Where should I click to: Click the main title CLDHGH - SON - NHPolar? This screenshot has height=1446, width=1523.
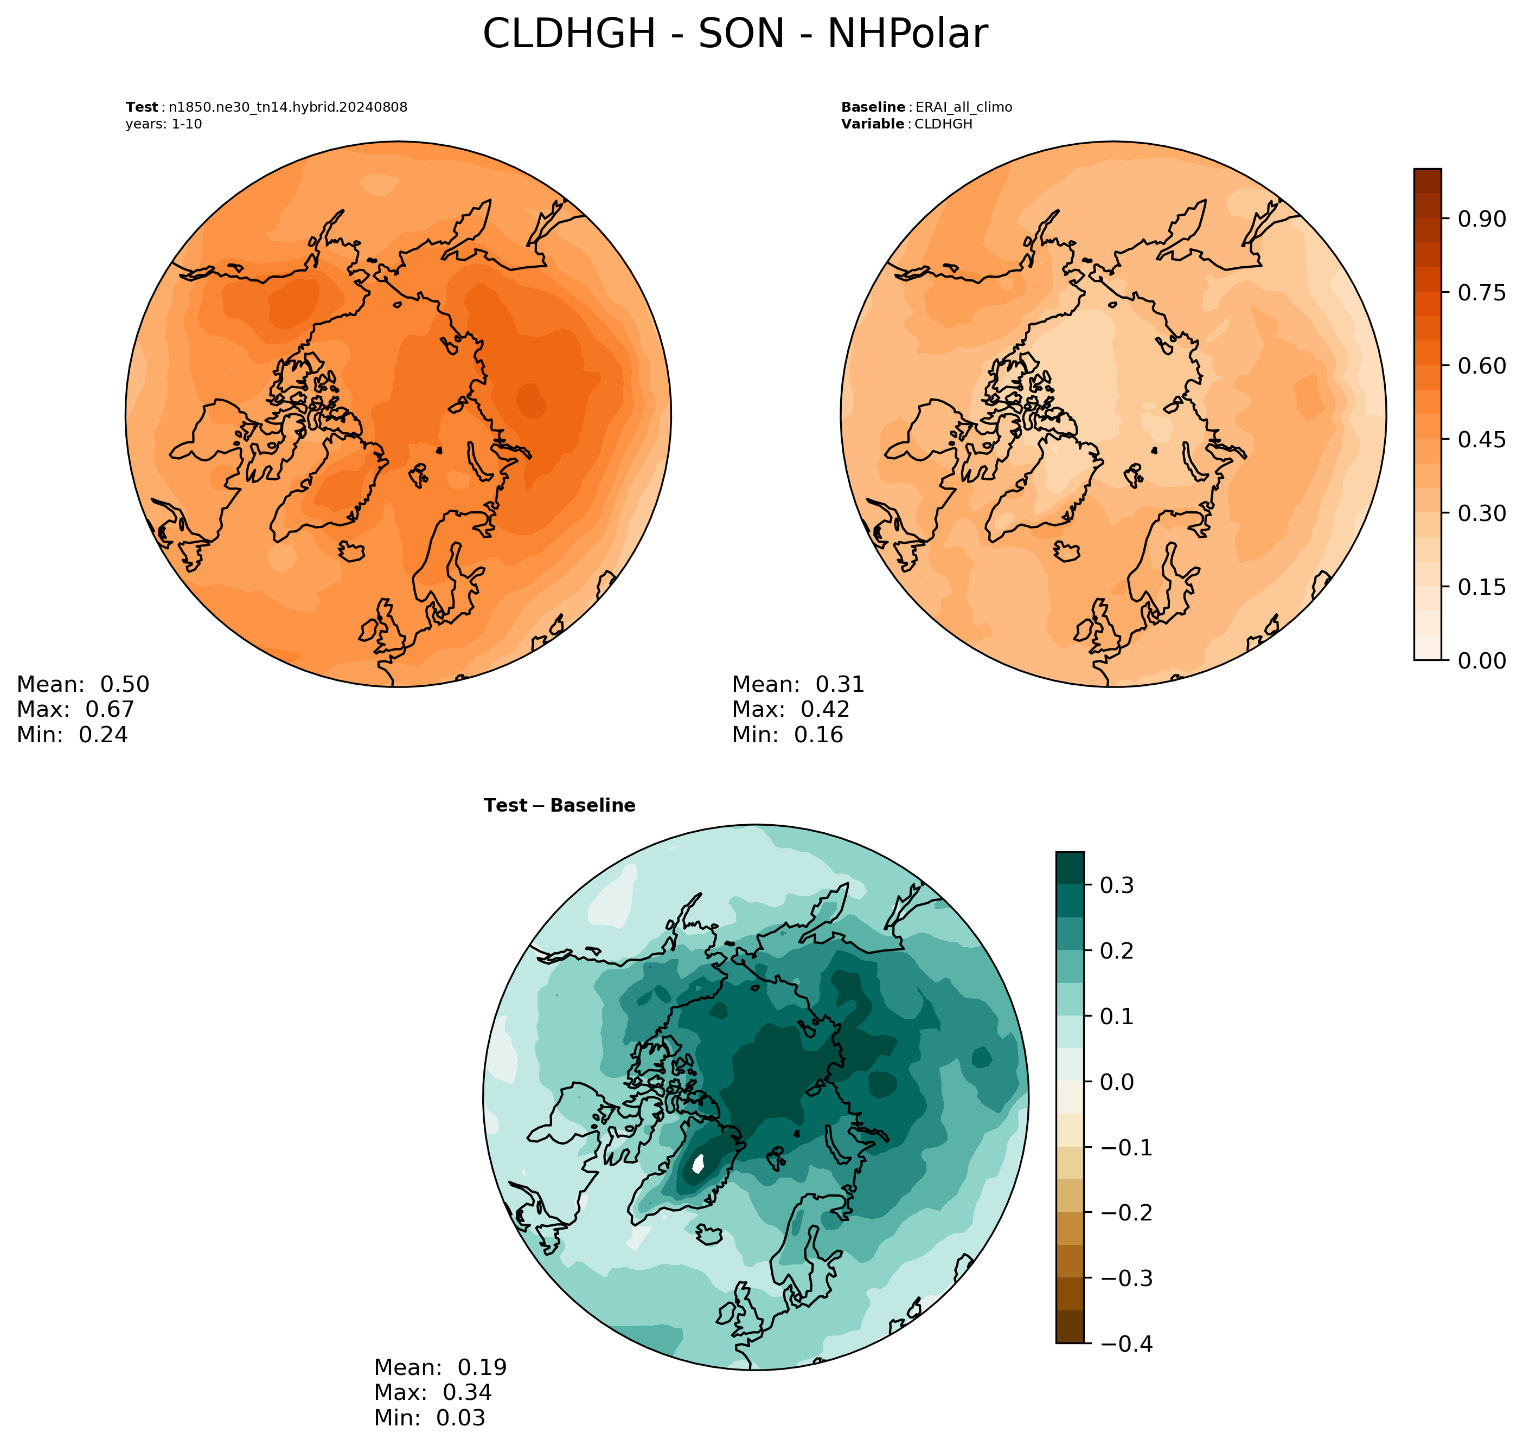tap(734, 34)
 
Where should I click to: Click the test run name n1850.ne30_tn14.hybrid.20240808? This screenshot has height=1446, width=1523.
tap(287, 107)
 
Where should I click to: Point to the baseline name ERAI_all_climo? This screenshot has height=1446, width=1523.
tap(963, 107)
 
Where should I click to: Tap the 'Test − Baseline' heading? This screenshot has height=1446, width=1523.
tap(559, 806)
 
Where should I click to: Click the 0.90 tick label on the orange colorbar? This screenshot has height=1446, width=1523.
tap(1481, 219)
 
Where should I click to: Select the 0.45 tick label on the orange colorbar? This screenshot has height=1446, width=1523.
tap(1481, 439)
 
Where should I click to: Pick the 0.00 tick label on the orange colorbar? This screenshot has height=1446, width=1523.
tap(1481, 660)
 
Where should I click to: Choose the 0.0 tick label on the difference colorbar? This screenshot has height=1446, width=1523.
tap(1117, 1082)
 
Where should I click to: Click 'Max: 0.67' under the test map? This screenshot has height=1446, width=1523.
tap(75, 709)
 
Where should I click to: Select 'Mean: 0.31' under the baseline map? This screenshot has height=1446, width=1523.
tap(798, 684)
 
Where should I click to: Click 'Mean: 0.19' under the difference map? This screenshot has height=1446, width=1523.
tap(440, 1367)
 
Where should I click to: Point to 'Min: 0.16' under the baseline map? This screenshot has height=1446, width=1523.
tap(788, 735)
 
